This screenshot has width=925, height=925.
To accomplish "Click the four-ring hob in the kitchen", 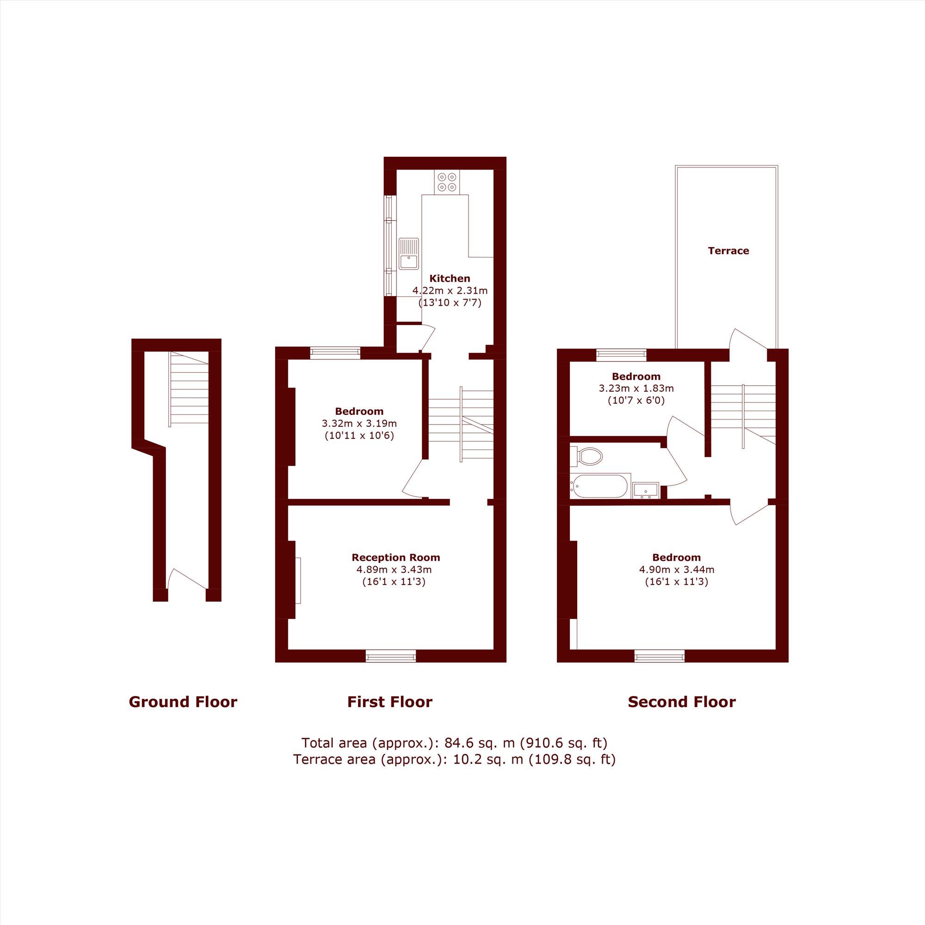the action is (447, 182).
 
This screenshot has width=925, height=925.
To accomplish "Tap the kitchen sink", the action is (408, 254).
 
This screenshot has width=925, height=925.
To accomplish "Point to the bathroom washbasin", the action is (645, 490).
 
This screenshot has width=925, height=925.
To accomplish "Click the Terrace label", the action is (728, 251).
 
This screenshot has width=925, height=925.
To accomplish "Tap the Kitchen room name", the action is (450, 278).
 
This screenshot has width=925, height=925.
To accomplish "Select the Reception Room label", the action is (395, 557).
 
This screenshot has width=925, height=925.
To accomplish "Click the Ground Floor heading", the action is (183, 702).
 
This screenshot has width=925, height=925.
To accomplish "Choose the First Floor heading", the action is (390, 702).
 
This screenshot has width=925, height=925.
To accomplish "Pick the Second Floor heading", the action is (681, 702).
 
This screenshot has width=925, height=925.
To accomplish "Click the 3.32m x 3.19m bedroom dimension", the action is (359, 423).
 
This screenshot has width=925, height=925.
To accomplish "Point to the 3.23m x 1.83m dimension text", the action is (636, 388).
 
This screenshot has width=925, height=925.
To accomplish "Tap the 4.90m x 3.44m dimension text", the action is (677, 570).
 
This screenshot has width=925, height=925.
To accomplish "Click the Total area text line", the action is (454, 743).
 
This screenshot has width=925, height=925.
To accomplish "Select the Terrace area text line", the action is (454, 759).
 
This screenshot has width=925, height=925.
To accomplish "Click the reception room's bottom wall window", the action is (391, 656).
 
